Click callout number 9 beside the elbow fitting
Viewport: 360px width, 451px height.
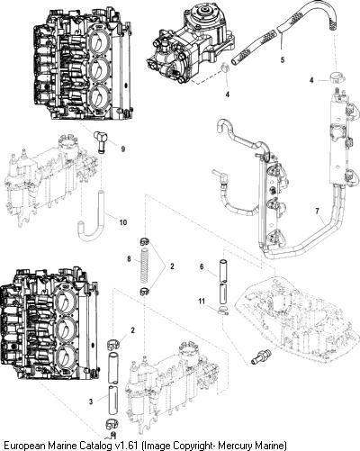tap(123, 149)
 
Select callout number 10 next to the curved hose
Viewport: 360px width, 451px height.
tap(123, 222)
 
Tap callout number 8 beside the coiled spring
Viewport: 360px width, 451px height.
tap(129, 258)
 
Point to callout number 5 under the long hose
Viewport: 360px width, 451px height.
tap(283, 59)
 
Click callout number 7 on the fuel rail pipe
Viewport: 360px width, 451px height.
tap(318, 211)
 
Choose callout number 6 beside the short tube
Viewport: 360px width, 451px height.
tap(202, 266)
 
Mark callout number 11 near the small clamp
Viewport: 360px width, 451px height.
tap(202, 301)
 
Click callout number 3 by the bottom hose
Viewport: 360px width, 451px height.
tap(91, 401)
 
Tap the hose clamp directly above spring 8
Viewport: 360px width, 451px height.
tap(145, 241)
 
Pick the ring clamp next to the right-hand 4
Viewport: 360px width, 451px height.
tap(337, 77)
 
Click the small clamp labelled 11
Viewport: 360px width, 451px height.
tap(223, 311)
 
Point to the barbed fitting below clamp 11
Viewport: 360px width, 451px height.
tap(260, 356)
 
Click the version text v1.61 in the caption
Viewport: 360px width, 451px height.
tap(127, 445)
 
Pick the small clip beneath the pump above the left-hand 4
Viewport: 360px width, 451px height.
tap(226, 68)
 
